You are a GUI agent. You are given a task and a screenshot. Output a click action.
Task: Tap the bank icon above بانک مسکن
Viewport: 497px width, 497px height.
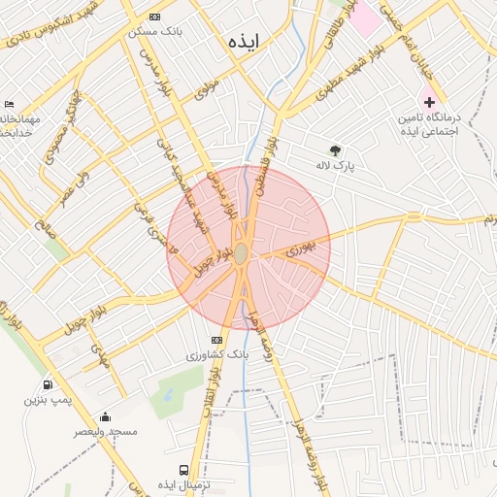tap(156, 17)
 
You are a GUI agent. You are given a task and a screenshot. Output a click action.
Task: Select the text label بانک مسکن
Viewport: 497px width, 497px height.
tap(155, 31)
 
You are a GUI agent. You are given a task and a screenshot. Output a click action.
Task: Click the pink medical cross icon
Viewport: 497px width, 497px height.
tap(429, 102)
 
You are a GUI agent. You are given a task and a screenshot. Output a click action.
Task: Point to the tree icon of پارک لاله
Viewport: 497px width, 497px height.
tap(336, 150)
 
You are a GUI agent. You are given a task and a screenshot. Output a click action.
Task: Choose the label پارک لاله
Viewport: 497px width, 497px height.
tap(336, 165)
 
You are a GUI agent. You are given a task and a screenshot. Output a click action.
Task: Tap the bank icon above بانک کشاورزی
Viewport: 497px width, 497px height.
tap(216, 340)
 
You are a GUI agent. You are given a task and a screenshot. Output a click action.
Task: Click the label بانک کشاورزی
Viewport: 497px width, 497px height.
tap(218, 355)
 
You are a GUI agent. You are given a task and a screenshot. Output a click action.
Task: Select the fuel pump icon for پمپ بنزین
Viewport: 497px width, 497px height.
tap(48, 385)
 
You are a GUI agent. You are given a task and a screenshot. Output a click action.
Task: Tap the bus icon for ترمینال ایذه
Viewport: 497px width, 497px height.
tap(184, 469)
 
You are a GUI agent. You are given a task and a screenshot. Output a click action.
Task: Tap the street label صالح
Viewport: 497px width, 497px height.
tap(44, 230)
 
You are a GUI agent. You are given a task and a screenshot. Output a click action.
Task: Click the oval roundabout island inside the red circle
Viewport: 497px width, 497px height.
tap(240, 253)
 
